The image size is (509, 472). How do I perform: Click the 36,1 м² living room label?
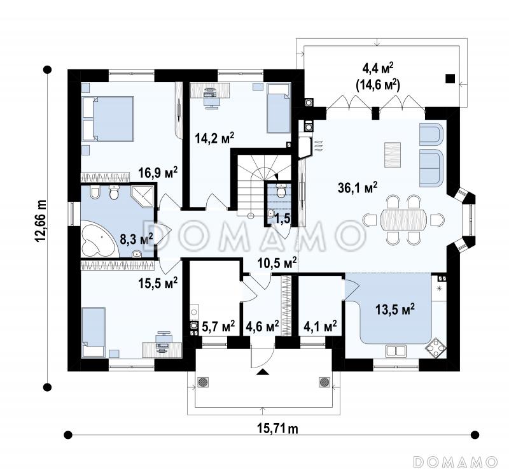[358, 188]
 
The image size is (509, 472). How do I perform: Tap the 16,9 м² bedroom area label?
[158, 172]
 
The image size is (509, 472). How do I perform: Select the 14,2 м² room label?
[214, 138]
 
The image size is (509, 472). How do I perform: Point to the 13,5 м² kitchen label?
[395, 309]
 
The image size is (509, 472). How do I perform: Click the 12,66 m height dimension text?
[41, 221]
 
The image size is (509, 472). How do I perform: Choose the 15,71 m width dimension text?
[277, 429]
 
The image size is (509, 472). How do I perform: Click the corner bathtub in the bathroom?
[97, 239]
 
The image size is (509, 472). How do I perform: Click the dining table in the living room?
[403, 220]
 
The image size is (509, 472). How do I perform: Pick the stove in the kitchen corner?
[435, 348]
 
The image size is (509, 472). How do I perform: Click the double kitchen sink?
[396, 350]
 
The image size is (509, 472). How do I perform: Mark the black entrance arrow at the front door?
[263, 372]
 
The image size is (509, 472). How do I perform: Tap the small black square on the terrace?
[450, 78]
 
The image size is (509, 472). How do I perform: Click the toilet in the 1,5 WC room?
[281, 191]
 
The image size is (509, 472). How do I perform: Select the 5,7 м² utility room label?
[218, 326]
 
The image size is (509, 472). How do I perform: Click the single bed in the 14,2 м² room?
[278, 108]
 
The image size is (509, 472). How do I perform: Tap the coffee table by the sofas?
[393, 155]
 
